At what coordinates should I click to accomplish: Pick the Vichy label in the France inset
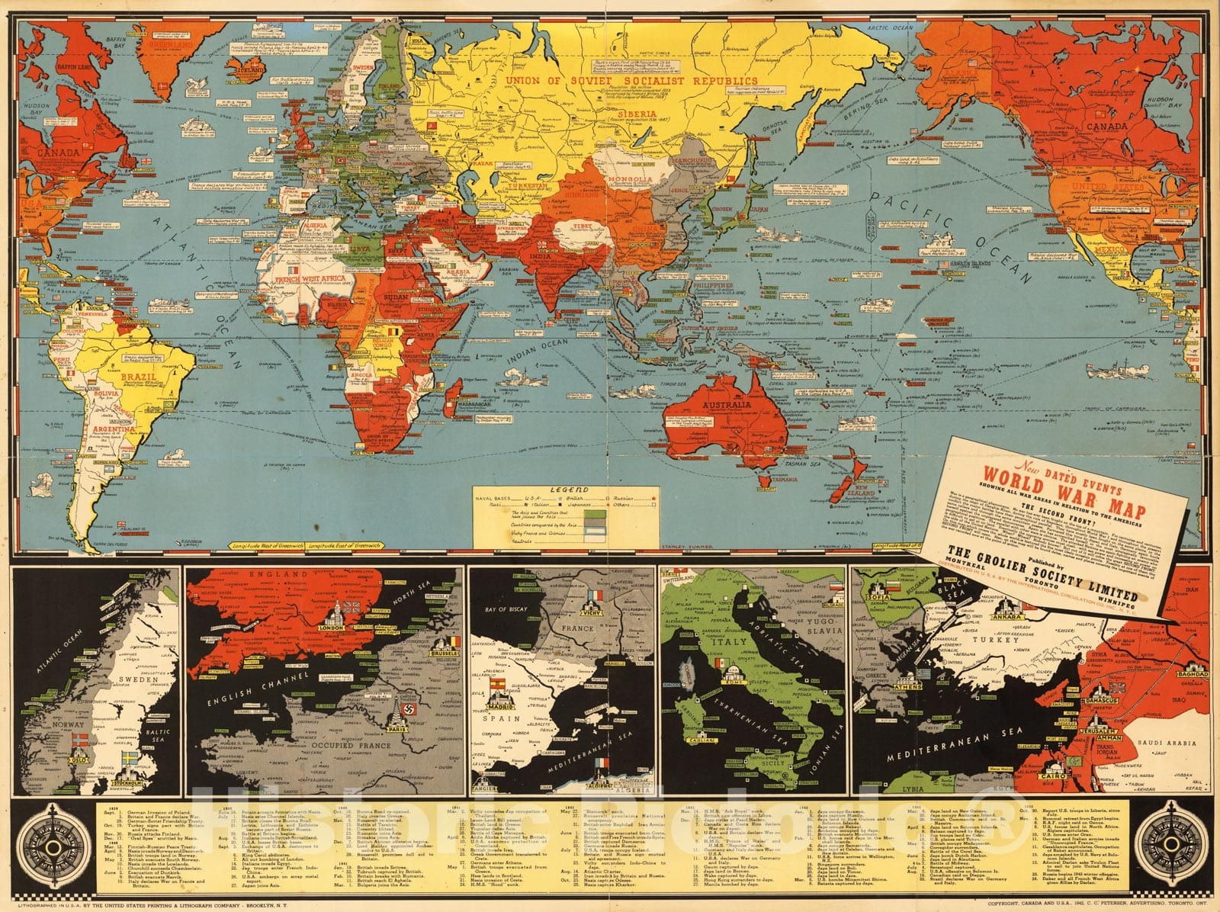(x=596, y=612)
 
